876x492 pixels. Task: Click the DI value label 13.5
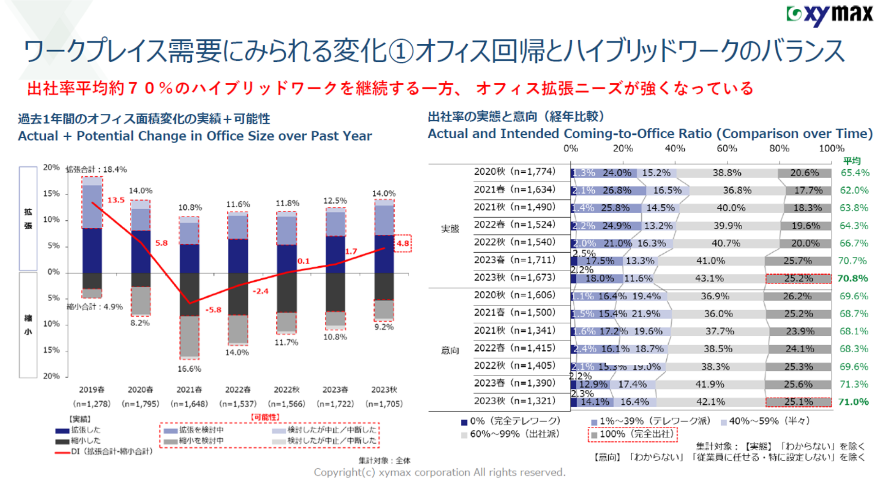coord(116,200)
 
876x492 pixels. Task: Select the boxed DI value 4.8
coord(403,243)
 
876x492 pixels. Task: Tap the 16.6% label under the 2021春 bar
coord(189,369)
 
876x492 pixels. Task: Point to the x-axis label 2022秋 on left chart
coord(286,390)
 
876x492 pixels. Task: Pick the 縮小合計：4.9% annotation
coord(94,307)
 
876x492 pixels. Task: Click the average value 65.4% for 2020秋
coord(854,173)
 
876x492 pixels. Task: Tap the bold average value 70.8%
coord(853,278)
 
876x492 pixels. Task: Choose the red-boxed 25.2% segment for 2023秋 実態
coord(798,278)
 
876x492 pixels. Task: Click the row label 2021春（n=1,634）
coord(514,189)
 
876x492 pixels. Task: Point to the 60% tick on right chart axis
coord(727,148)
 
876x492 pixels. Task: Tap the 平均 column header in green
coord(852,161)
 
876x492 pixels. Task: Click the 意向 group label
coord(450,350)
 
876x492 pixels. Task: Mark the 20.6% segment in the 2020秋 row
coord(804,173)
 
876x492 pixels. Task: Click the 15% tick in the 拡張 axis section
coord(51,194)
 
